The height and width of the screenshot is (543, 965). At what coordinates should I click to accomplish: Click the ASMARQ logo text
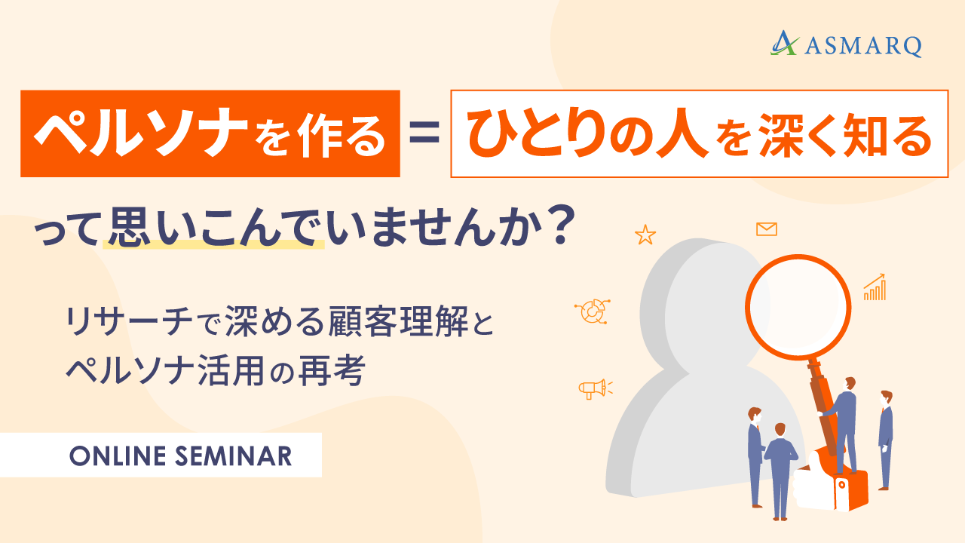(x=863, y=46)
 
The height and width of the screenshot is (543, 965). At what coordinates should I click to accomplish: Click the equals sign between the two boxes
(x=424, y=132)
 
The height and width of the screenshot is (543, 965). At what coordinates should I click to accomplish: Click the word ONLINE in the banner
(x=118, y=456)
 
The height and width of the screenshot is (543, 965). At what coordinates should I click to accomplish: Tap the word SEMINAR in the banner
(x=234, y=456)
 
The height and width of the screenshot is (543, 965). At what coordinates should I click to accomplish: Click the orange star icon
(x=645, y=235)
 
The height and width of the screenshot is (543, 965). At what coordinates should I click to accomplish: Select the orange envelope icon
(x=767, y=229)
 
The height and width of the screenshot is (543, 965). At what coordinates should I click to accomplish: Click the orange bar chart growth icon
(x=875, y=287)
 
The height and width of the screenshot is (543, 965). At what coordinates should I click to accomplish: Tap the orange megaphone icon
(x=595, y=388)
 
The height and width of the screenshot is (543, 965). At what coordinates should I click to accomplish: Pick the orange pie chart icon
(x=593, y=311)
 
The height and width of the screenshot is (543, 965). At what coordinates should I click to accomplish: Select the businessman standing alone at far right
(x=885, y=440)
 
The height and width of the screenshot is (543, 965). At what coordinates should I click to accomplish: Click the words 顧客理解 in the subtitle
(x=398, y=321)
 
